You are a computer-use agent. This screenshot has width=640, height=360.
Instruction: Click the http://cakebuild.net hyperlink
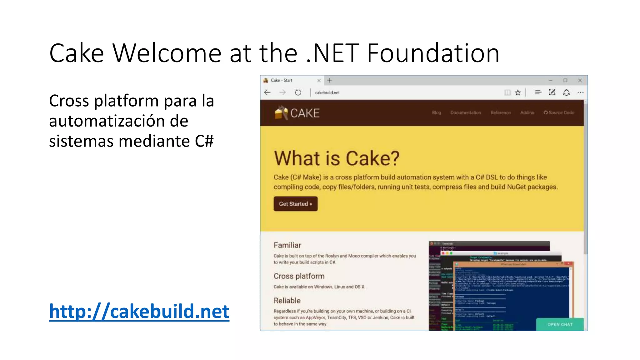[x=139, y=312]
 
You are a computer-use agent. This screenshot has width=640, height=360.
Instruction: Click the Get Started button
[x=295, y=204]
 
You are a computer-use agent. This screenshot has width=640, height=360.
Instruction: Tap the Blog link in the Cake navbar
[x=436, y=112]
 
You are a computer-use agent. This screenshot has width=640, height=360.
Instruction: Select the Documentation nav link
[x=465, y=112]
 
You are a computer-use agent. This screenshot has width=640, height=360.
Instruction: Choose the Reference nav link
[x=500, y=112]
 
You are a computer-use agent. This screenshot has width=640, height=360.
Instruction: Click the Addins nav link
[x=527, y=112]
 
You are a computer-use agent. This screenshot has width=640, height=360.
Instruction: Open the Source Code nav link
[x=559, y=112]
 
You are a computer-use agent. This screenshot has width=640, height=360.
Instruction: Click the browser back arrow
[x=267, y=92]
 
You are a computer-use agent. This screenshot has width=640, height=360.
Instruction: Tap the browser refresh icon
[x=298, y=92]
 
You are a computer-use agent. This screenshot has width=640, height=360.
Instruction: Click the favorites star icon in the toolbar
[x=518, y=92]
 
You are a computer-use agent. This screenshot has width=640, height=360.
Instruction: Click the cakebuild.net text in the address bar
[x=327, y=92]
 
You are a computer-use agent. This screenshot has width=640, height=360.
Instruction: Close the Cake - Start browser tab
[x=319, y=81]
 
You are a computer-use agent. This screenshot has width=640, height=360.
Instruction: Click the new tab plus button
[x=329, y=81]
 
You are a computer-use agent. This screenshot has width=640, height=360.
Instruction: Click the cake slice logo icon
[x=281, y=113]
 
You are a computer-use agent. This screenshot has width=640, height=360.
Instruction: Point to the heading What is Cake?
[x=337, y=158]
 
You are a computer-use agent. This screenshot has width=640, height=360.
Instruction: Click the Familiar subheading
[x=287, y=245]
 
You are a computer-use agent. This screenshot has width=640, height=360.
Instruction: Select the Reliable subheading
[x=287, y=301]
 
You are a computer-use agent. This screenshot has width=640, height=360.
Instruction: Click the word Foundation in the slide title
[x=433, y=53]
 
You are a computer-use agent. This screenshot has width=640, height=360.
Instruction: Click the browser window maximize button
[x=565, y=81]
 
